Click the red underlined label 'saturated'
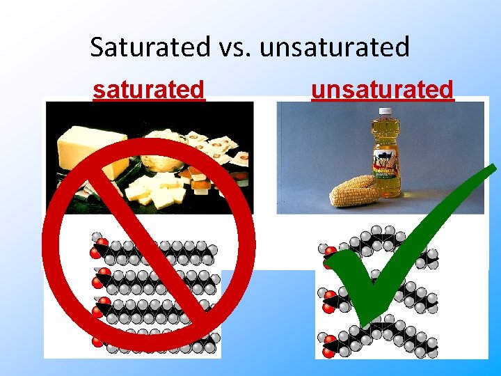coord(149,90)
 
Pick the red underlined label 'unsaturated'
coord(382,90)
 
